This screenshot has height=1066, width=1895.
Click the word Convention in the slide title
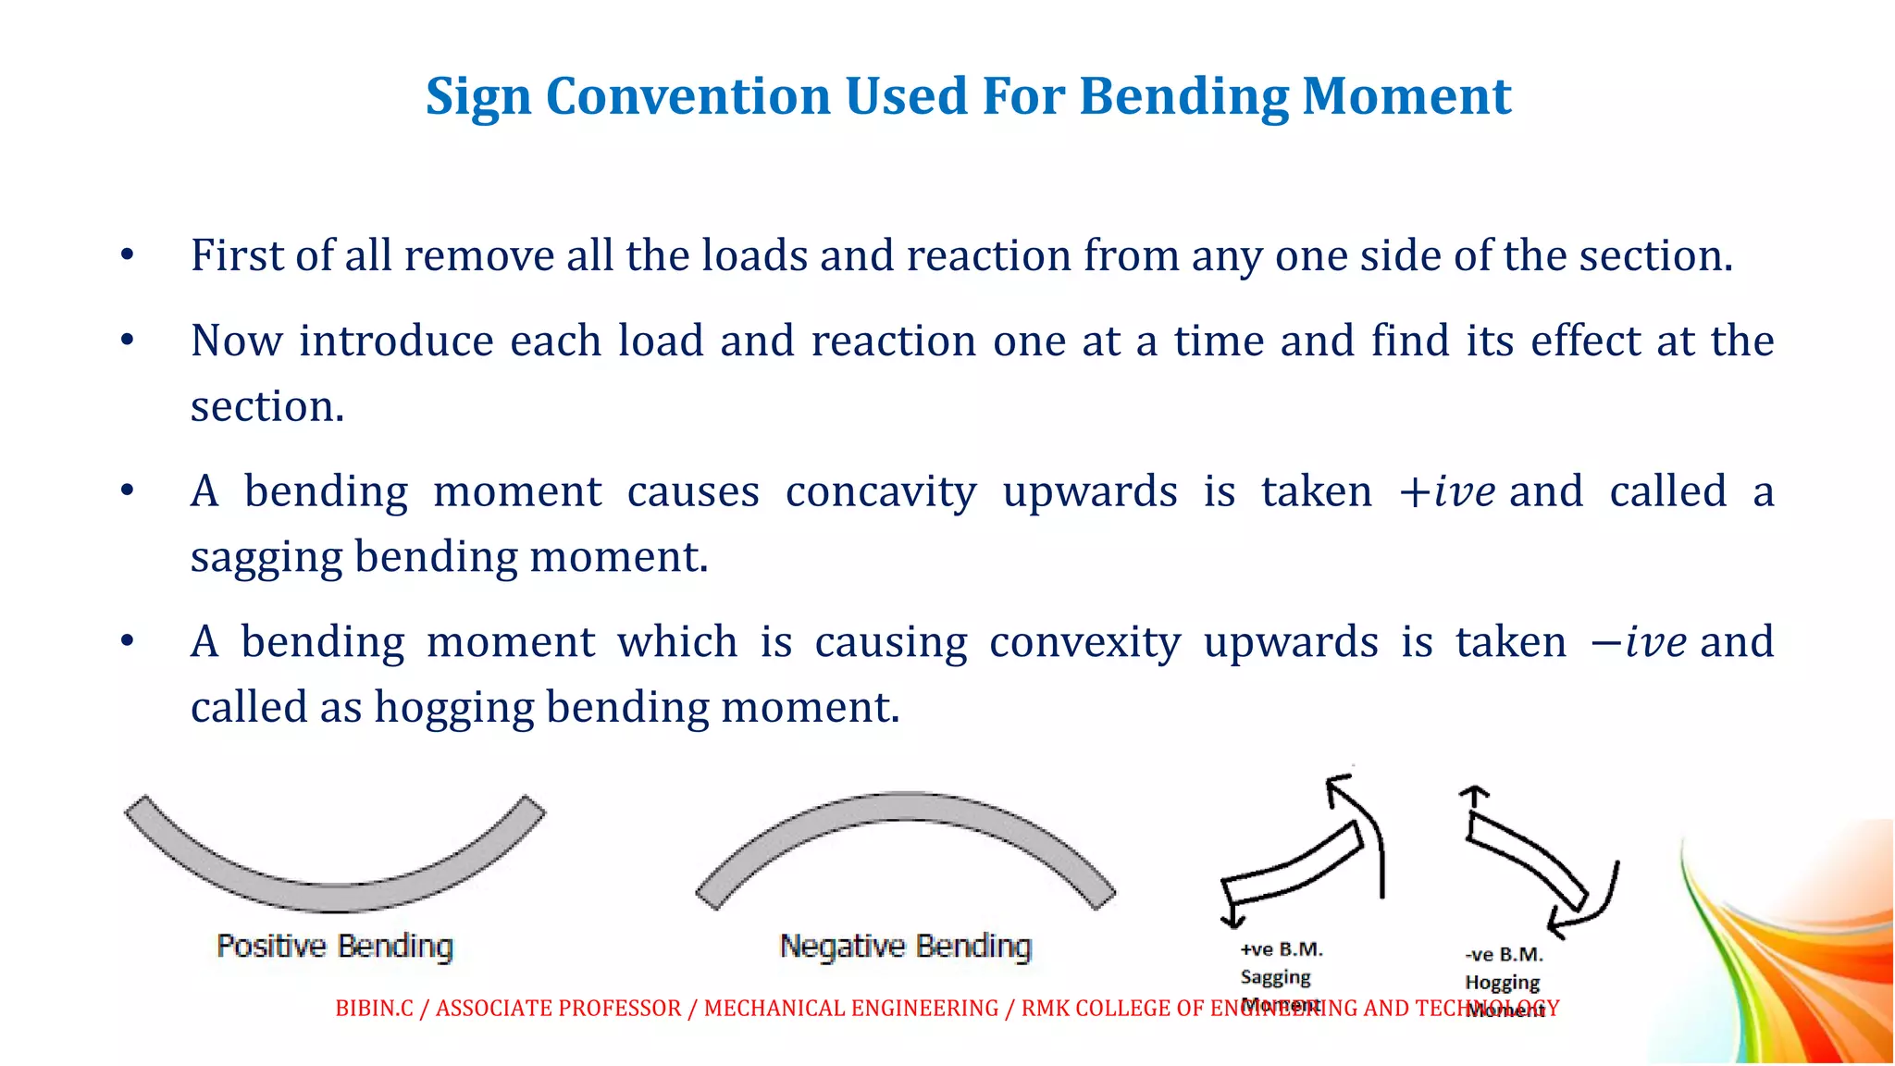pos(687,96)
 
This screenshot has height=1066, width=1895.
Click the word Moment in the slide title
pos(1406,96)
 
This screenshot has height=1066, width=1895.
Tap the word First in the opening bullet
pos(236,255)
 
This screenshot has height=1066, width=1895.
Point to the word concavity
pos(880,491)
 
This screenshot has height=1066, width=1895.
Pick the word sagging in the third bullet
pos(266,557)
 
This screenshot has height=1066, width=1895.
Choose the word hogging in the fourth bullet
pos(452,708)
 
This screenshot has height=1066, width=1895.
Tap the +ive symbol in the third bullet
pos(1445,491)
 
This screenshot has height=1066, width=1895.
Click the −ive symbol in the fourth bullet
pos(1637,642)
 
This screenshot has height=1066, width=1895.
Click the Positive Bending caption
pos(335,947)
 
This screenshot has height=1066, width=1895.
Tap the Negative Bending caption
pos(905,947)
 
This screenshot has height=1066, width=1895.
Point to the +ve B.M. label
pos(1282,949)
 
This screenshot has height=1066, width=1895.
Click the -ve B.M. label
pos(1504,954)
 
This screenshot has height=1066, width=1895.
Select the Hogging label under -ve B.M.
pos(1502,982)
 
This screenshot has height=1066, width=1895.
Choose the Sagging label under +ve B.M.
pos(1275,977)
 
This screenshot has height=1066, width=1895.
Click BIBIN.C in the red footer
pos(374,1009)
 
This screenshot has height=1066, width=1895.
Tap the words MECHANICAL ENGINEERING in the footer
pos(851,1009)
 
